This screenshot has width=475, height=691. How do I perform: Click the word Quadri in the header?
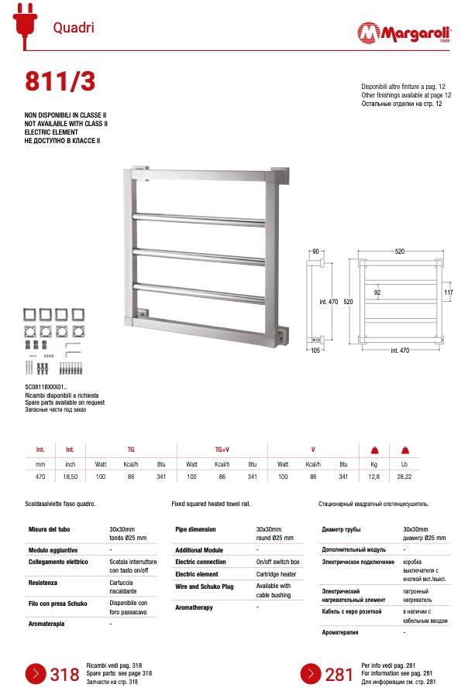pos(74,28)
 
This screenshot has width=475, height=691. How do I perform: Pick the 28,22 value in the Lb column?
pos(404,478)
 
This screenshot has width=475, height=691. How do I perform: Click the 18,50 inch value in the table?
pos(70,478)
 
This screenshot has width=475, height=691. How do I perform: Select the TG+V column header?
pos(222,449)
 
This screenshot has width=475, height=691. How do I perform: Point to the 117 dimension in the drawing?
pos(448,292)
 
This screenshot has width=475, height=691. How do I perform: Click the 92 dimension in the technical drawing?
pos(377,292)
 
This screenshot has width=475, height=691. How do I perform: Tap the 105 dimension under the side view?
pos(315,350)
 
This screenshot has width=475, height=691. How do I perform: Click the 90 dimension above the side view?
pos(315,251)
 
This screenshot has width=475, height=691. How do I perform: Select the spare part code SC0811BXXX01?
pos(46,386)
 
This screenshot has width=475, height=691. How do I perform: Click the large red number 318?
pos(65,675)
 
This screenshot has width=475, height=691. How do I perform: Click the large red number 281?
pos(339,675)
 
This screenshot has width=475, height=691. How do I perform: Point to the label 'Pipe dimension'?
pos(196,530)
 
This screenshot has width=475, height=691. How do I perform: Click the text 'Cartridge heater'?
pos(276,574)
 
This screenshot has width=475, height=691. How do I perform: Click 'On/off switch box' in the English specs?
pos(277,562)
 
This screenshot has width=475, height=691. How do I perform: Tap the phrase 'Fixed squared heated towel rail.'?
pos(211,504)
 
